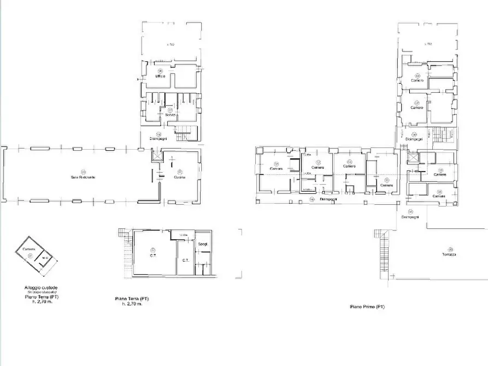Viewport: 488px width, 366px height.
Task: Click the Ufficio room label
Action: click(160, 76)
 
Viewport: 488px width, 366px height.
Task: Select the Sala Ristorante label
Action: click(84, 177)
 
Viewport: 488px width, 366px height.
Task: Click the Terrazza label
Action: click(451, 255)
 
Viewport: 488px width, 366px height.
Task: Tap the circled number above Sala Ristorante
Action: click(84, 171)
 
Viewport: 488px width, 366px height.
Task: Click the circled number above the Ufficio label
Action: click(160, 71)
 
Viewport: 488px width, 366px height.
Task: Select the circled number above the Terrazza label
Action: click(451, 249)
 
